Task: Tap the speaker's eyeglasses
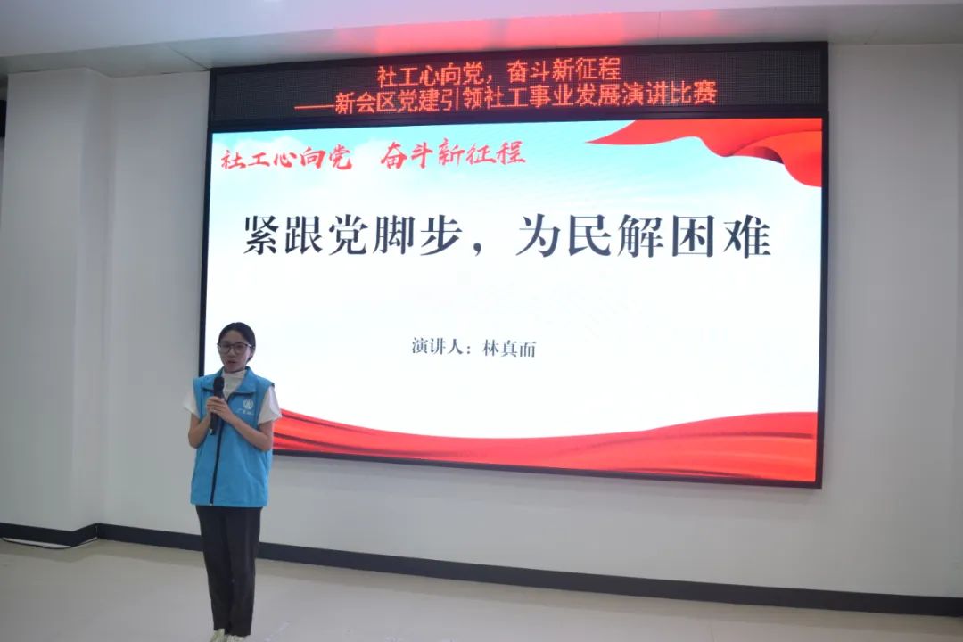233,347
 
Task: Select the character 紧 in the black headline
264,236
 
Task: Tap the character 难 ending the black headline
747,236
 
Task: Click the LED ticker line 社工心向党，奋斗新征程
498,71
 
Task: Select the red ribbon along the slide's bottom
553,441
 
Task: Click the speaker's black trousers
229,562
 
